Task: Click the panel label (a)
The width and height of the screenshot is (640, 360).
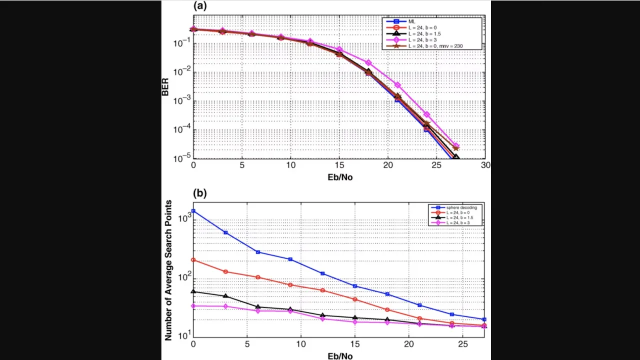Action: [x=200, y=6]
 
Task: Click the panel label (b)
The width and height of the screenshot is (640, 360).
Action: [x=200, y=193]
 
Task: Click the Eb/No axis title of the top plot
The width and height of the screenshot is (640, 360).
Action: [x=340, y=176]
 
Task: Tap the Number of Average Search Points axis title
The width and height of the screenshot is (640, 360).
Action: [x=168, y=270]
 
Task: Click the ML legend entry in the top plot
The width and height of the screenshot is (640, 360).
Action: [x=411, y=21]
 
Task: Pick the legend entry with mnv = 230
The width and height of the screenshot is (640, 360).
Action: [x=435, y=46]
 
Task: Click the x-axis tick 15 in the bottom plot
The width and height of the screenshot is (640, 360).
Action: [x=354, y=345]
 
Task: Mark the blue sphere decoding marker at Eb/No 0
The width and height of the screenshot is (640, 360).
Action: [x=193, y=211]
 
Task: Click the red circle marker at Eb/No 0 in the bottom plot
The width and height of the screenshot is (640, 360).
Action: [x=193, y=260]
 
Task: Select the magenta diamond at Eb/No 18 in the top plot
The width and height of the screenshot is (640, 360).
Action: [x=368, y=62]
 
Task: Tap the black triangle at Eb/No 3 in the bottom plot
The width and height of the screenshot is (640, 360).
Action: [x=225, y=296]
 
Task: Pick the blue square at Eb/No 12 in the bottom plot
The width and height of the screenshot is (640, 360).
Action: [x=322, y=273]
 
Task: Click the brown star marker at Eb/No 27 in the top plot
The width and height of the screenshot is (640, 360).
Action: [x=456, y=148]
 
